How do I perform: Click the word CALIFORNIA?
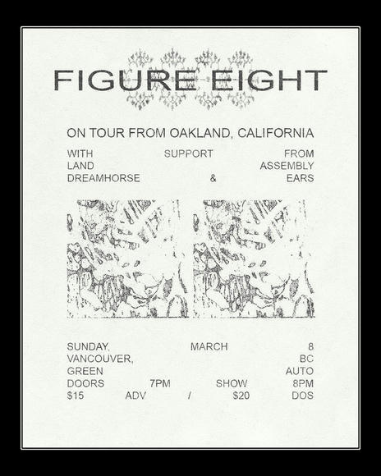(x=275, y=132)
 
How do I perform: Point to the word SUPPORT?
(x=188, y=153)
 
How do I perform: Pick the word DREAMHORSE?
(x=103, y=178)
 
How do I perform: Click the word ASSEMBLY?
(x=287, y=166)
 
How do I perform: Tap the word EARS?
(x=300, y=178)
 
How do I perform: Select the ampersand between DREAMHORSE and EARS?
(x=213, y=178)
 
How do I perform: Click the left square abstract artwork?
(x=127, y=258)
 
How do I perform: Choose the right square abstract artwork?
(x=254, y=258)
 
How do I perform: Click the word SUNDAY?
(x=88, y=346)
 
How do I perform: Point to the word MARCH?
(x=209, y=346)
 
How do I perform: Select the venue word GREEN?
(x=85, y=371)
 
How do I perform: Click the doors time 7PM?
(x=160, y=383)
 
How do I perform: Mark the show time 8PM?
(x=303, y=383)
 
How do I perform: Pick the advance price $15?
(x=75, y=396)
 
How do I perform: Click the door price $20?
(x=241, y=396)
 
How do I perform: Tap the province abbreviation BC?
(x=306, y=359)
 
